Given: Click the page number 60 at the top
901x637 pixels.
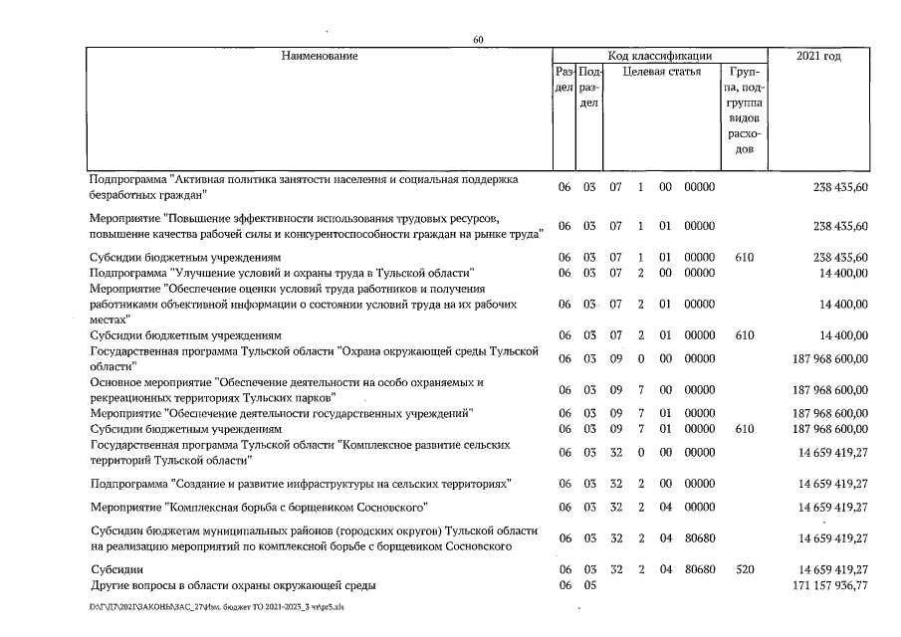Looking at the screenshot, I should point(478,39).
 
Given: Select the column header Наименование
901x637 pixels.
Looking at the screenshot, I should point(319,56).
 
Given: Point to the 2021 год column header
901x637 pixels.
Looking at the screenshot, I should point(819,56).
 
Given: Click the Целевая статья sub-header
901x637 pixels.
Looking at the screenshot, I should point(661,72).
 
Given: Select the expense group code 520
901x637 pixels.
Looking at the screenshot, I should point(743,568).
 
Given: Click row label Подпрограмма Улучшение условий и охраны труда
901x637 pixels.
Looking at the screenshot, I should point(282,272).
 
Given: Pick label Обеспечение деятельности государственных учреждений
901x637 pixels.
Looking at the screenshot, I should point(281,412).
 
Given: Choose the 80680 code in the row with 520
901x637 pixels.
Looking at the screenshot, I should point(699,568).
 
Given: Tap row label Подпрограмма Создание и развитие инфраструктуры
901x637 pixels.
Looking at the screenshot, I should point(301,483).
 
